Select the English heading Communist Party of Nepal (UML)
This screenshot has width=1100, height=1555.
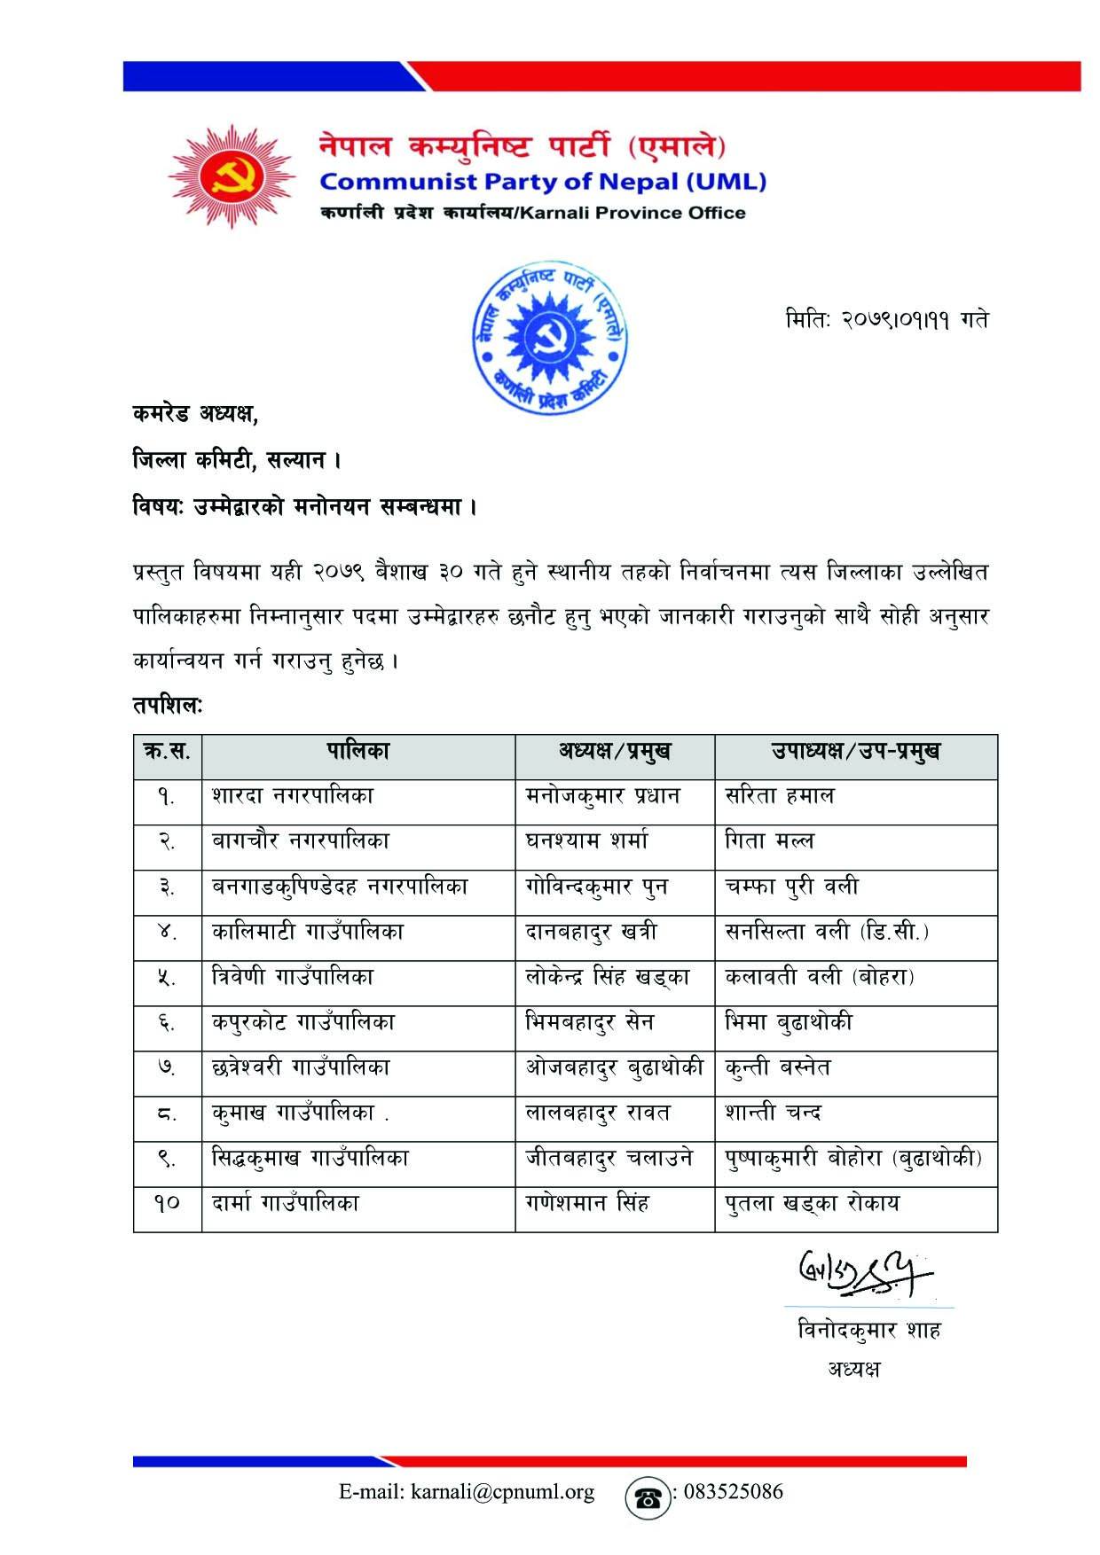[x=543, y=183]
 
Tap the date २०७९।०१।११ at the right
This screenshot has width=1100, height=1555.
[x=887, y=320]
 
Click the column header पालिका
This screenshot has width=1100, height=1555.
[x=357, y=752]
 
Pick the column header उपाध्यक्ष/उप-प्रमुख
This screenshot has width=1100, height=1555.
[x=855, y=752]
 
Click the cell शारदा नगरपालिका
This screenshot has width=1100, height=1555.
[x=293, y=796]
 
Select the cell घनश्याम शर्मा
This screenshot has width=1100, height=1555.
[x=586, y=841]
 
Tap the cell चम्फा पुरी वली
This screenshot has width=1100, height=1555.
[x=791, y=887]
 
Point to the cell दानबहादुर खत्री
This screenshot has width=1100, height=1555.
[x=591, y=932]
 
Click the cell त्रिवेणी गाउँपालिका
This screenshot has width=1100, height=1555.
[x=293, y=977]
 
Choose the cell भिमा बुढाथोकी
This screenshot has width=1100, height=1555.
[x=789, y=1022]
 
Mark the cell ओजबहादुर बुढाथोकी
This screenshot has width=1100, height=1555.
[x=614, y=1067]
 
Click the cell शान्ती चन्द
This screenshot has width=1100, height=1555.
[x=773, y=1113]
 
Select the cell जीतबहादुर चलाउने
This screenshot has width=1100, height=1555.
[x=609, y=1158]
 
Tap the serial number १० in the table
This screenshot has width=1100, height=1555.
[x=168, y=1203]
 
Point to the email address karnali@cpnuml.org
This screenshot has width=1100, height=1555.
[x=467, y=1492]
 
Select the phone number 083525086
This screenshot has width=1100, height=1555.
[x=730, y=1492]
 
